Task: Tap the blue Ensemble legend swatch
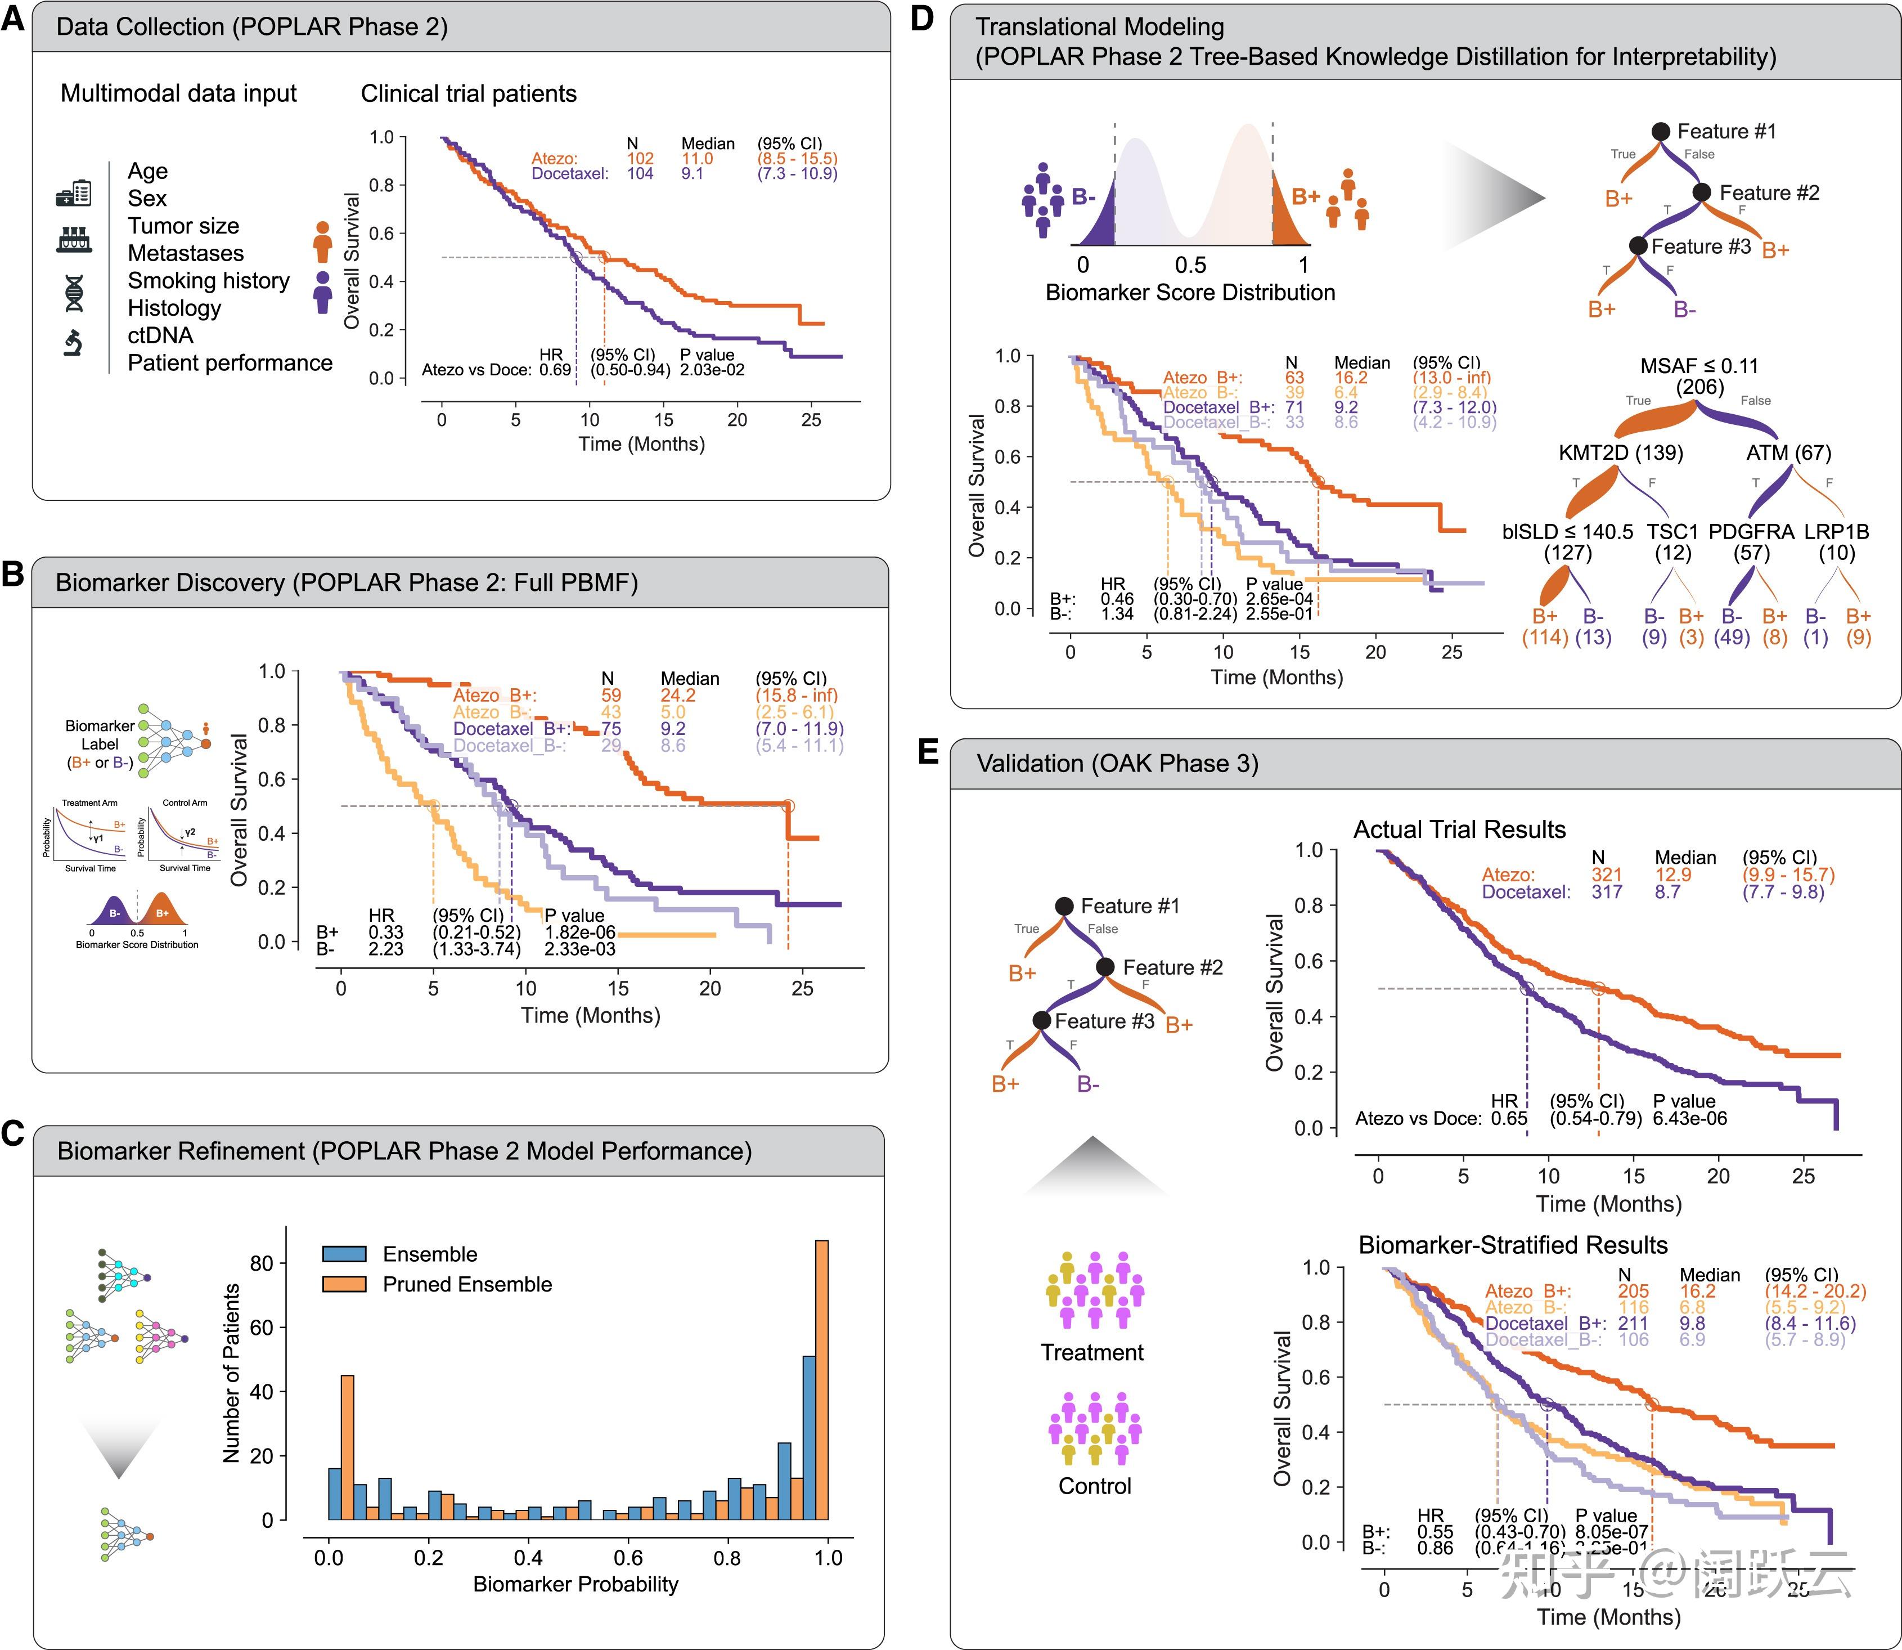point(344,1254)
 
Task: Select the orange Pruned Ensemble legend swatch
point(344,1284)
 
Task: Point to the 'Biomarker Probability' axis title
point(575,1584)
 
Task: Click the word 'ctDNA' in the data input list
point(160,335)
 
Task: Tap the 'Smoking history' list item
point(208,281)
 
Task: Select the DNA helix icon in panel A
point(74,292)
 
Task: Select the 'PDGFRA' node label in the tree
point(1751,532)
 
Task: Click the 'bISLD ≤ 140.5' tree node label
point(1568,532)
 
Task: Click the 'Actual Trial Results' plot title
point(1459,830)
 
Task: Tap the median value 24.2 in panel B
point(677,695)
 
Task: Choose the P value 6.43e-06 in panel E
point(1689,1119)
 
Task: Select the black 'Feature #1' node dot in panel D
point(1660,132)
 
